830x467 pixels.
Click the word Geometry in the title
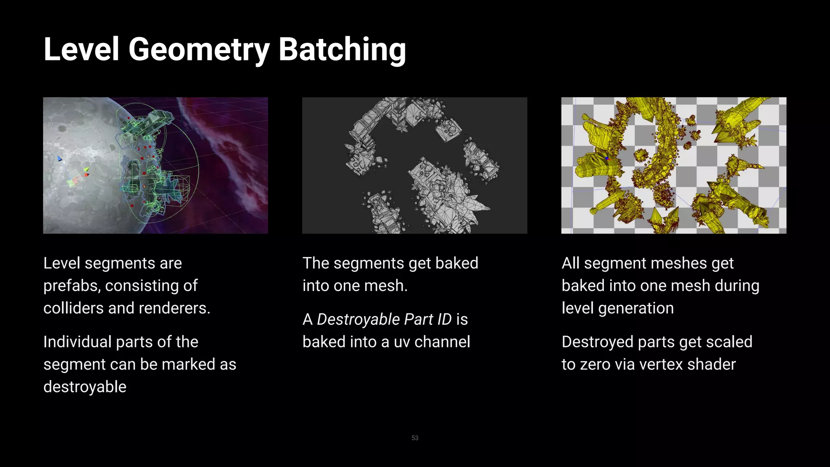pyautogui.click(x=199, y=49)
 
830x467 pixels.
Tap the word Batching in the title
pyautogui.click(x=342, y=49)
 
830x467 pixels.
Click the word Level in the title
pyautogui.click(x=81, y=49)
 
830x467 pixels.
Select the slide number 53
pyautogui.click(x=415, y=438)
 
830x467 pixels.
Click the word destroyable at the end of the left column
pyautogui.click(x=85, y=387)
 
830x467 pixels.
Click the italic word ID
pyautogui.click(x=444, y=319)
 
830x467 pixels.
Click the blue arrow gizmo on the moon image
pyautogui.click(x=60, y=159)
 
